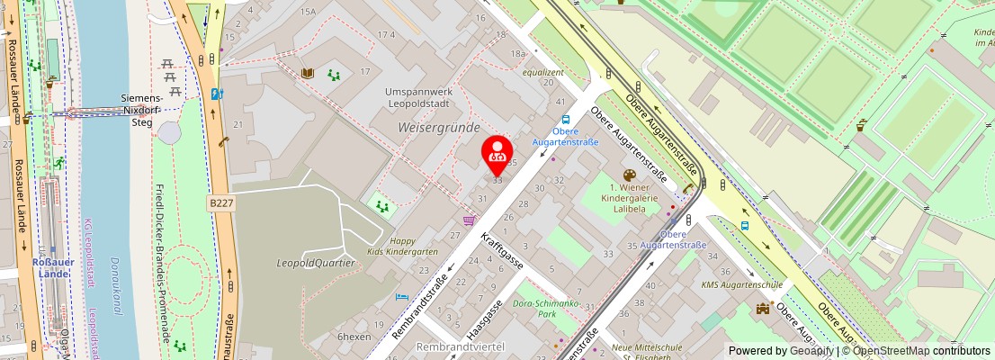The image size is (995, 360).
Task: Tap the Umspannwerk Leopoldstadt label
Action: coord(423,98)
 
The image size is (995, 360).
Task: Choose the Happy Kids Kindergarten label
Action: coord(403,247)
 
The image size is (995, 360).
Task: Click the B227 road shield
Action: coord(221,204)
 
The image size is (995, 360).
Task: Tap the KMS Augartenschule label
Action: coord(740,285)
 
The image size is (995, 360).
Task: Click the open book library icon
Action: coord(308,73)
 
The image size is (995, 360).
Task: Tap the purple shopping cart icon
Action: coord(468,220)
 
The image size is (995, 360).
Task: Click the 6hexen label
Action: coord(354,336)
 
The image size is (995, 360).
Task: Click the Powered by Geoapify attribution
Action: coord(781,351)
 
